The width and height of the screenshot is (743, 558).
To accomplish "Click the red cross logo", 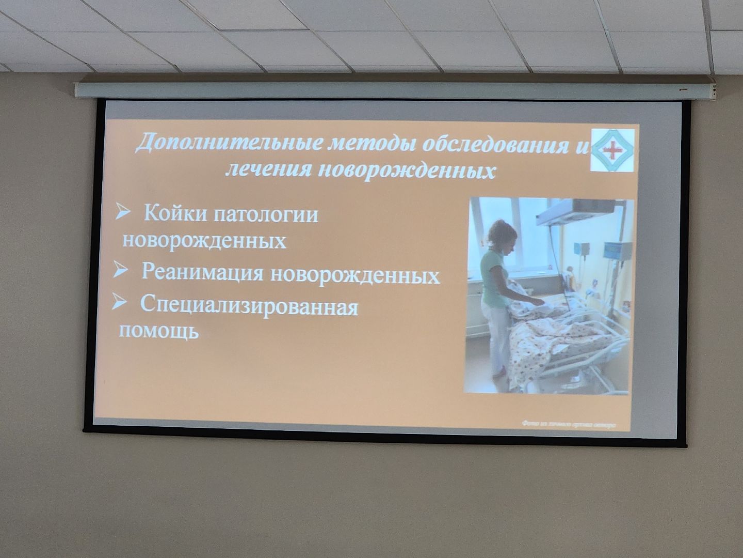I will (613, 150).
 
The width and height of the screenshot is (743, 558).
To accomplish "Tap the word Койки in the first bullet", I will (173, 213).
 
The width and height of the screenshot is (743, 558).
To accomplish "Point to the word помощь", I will (159, 331).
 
